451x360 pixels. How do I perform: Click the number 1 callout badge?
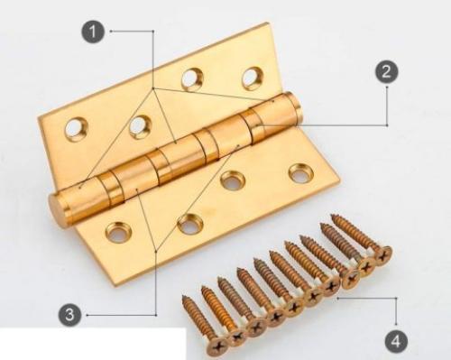click(x=93, y=32)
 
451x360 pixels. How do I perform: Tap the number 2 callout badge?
click(x=386, y=71)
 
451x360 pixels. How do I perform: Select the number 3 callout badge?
click(x=69, y=315)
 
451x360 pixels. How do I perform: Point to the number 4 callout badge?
click(x=396, y=342)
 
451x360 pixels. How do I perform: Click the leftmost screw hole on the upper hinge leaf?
click(x=76, y=129)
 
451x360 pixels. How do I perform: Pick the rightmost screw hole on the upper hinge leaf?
click(x=253, y=78)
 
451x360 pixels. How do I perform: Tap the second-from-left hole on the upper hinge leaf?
click(x=140, y=127)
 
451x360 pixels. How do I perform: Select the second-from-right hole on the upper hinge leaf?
click(x=192, y=79)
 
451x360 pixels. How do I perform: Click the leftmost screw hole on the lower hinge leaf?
click(x=118, y=232)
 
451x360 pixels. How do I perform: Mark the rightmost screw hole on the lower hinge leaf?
click(x=301, y=173)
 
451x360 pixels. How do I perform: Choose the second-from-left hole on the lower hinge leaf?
click(x=190, y=224)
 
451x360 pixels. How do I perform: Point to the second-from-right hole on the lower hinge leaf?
click(x=233, y=180)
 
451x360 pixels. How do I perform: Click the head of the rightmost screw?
click(x=382, y=255)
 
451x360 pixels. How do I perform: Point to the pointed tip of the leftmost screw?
click(x=183, y=297)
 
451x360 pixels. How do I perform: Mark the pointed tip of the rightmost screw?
click(x=332, y=215)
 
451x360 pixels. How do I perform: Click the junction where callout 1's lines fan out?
click(x=153, y=88)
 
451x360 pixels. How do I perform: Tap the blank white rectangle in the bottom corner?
click(x=93, y=344)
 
